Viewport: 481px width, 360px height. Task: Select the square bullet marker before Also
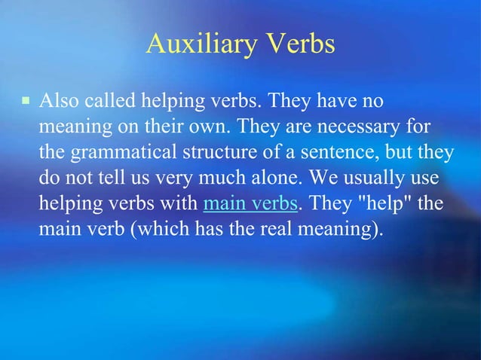pyautogui.click(x=25, y=100)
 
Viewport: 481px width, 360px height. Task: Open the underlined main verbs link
pyautogui.click(x=250, y=205)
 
